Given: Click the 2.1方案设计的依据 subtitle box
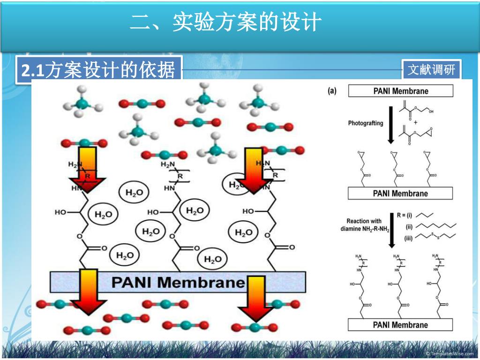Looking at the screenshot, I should (98, 71).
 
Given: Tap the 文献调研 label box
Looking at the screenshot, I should (431, 70).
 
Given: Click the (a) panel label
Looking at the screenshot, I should (332, 91).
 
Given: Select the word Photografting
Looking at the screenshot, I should (365, 123).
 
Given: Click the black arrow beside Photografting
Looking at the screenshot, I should (391, 124).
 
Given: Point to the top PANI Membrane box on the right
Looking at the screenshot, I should (400, 91).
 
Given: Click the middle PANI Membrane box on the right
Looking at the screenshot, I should (400, 193).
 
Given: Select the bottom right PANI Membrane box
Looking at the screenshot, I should (400, 324).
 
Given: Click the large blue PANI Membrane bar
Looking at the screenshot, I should (178, 282).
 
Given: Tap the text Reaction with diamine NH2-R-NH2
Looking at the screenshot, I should (364, 225).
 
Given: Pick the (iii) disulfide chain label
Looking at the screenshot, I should (408, 238).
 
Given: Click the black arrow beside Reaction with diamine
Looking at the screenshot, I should (391, 230).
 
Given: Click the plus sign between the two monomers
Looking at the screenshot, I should (415, 123).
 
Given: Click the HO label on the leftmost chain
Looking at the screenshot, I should (60, 212).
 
